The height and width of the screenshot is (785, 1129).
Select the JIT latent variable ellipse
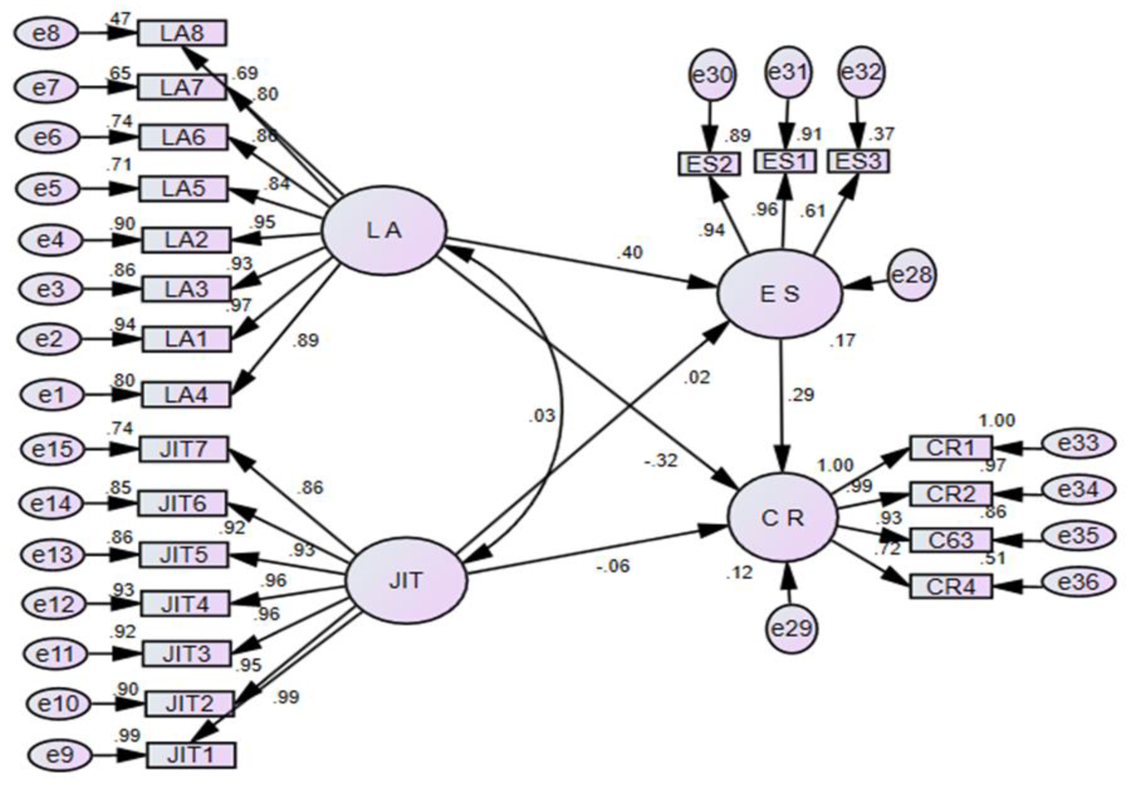coord(406,581)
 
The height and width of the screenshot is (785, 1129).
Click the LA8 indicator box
coord(182,33)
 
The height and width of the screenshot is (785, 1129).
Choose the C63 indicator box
coord(951,539)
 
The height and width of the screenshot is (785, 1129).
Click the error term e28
coord(912,275)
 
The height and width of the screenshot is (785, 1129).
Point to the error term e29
coord(791,628)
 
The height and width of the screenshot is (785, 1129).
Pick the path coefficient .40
coord(629,252)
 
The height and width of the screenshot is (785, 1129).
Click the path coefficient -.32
coord(662,461)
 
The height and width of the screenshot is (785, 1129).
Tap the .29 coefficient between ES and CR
coord(801,395)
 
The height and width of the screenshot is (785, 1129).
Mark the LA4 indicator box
coord(186,395)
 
